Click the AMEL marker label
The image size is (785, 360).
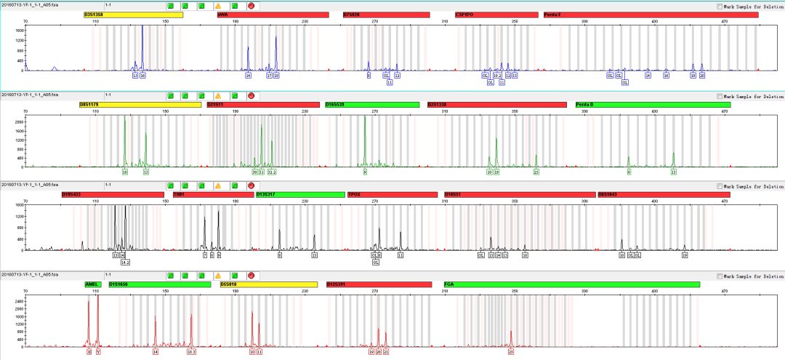click(x=92, y=284)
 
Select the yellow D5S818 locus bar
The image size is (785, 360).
click(x=268, y=284)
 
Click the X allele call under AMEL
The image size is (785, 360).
click(x=89, y=351)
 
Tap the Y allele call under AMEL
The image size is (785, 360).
click(x=99, y=351)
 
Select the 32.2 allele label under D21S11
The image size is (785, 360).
click(x=272, y=172)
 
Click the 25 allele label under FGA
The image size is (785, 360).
click(x=511, y=351)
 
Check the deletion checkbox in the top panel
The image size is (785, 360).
click(x=720, y=6)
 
